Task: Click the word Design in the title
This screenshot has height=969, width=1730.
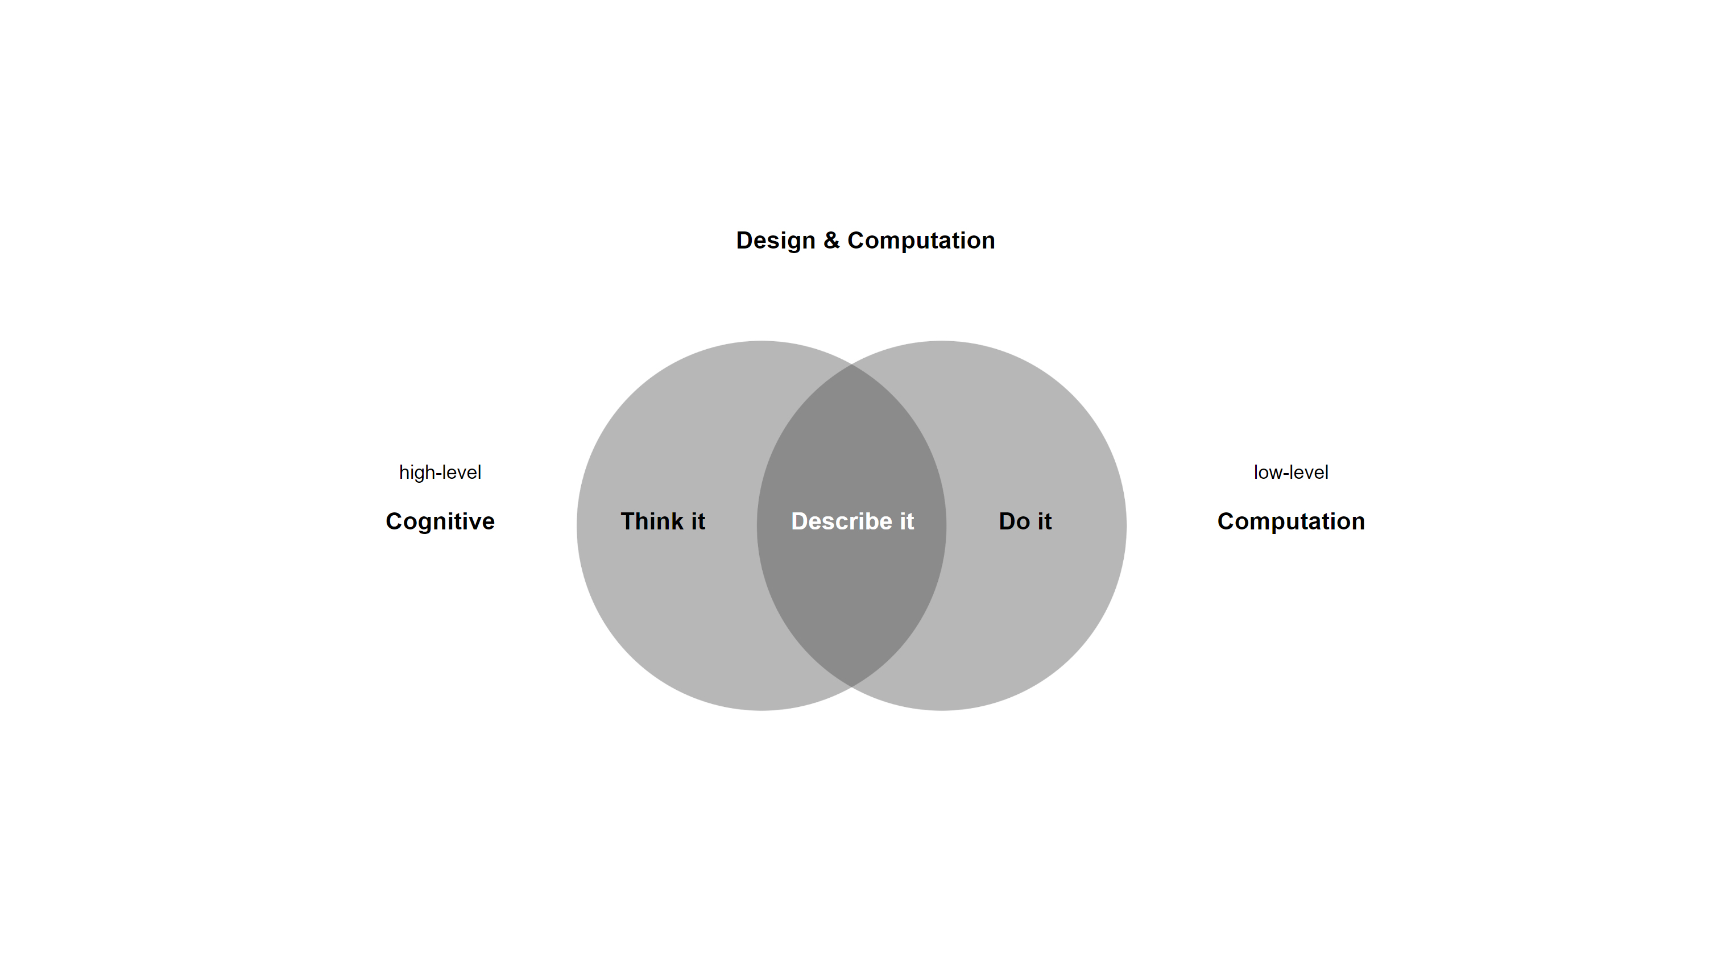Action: click(775, 241)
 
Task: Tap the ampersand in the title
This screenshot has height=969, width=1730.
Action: click(831, 241)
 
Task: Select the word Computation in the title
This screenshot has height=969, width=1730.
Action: click(921, 241)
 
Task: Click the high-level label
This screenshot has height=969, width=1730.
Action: click(440, 472)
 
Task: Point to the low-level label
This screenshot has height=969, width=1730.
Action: click(1290, 472)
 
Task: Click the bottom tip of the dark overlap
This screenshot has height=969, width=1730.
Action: click(851, 684)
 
